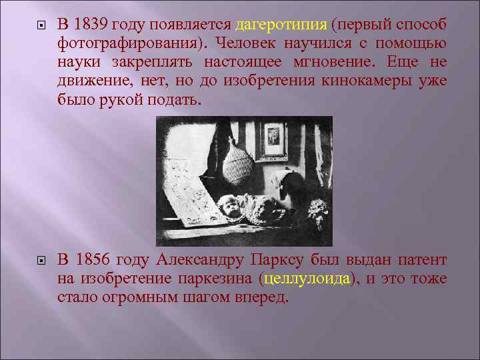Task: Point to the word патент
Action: coord(423,259)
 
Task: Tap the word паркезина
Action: coord(217,279)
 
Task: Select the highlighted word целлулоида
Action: coord(307,279)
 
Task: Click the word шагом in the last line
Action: coord(208,297)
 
